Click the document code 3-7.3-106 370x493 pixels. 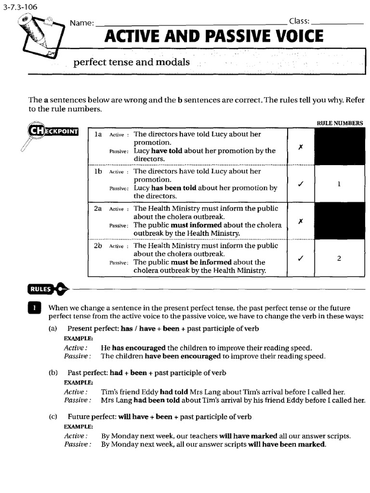(x=20, y=7)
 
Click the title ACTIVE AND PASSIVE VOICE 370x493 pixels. (x=214, y=37)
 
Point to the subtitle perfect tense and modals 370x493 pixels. (x=131, y=63)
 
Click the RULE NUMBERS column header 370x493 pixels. (x=340, y=123)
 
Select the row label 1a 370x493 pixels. (x=98, y=134)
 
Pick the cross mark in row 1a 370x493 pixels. (x=300, y=146)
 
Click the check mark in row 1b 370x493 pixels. (x=300, y=183)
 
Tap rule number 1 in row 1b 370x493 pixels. (x=339, y=183)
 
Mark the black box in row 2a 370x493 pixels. (x=339, y=221)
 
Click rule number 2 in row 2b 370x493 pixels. (x=339, y=258)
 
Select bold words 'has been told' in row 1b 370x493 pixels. (x=173, y=188)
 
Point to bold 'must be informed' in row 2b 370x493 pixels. (x=201, y=262)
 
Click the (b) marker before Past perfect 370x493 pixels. (x=53, y=373)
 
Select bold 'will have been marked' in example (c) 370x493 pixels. (x=287, y=445)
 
